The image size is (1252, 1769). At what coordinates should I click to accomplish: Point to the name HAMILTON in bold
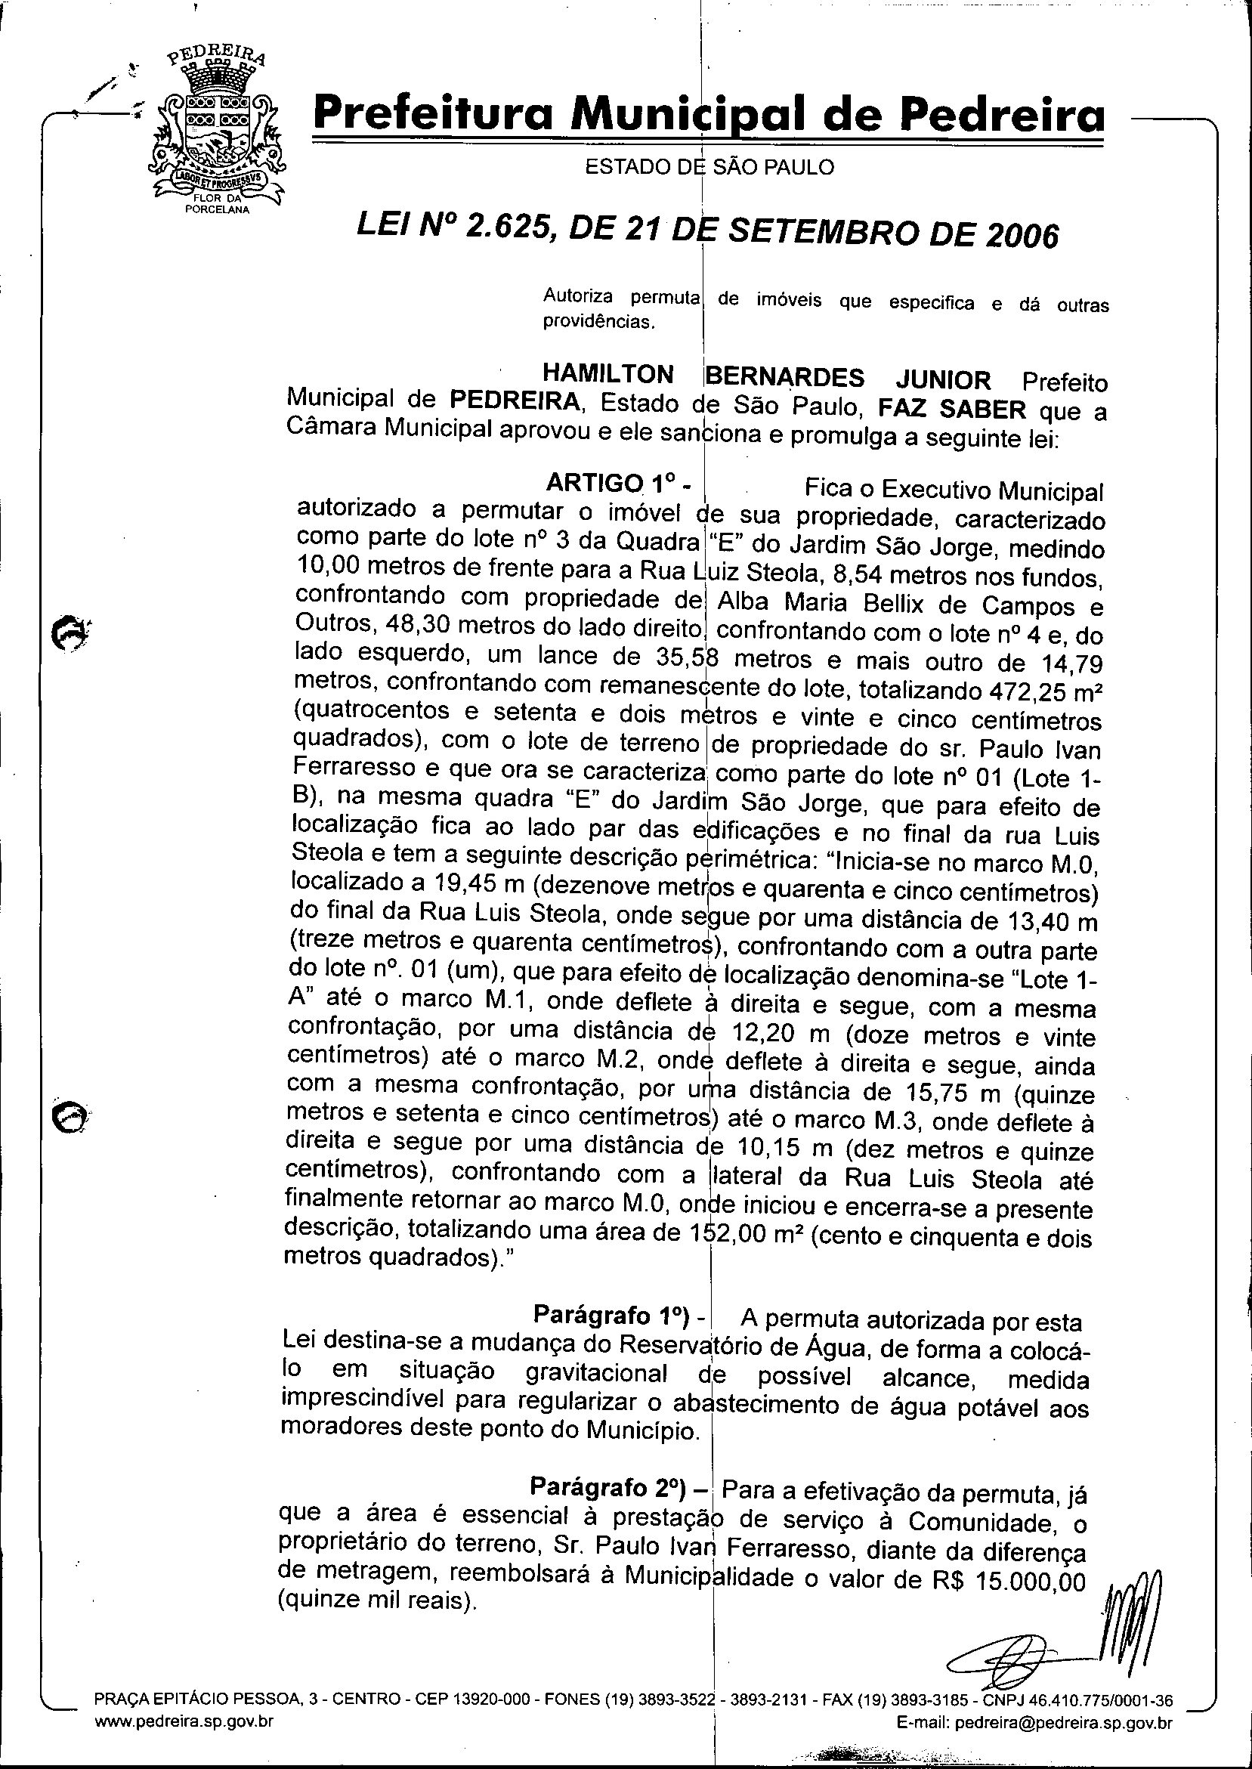pos(608,374)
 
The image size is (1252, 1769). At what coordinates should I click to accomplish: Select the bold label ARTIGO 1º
pos(617,484)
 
